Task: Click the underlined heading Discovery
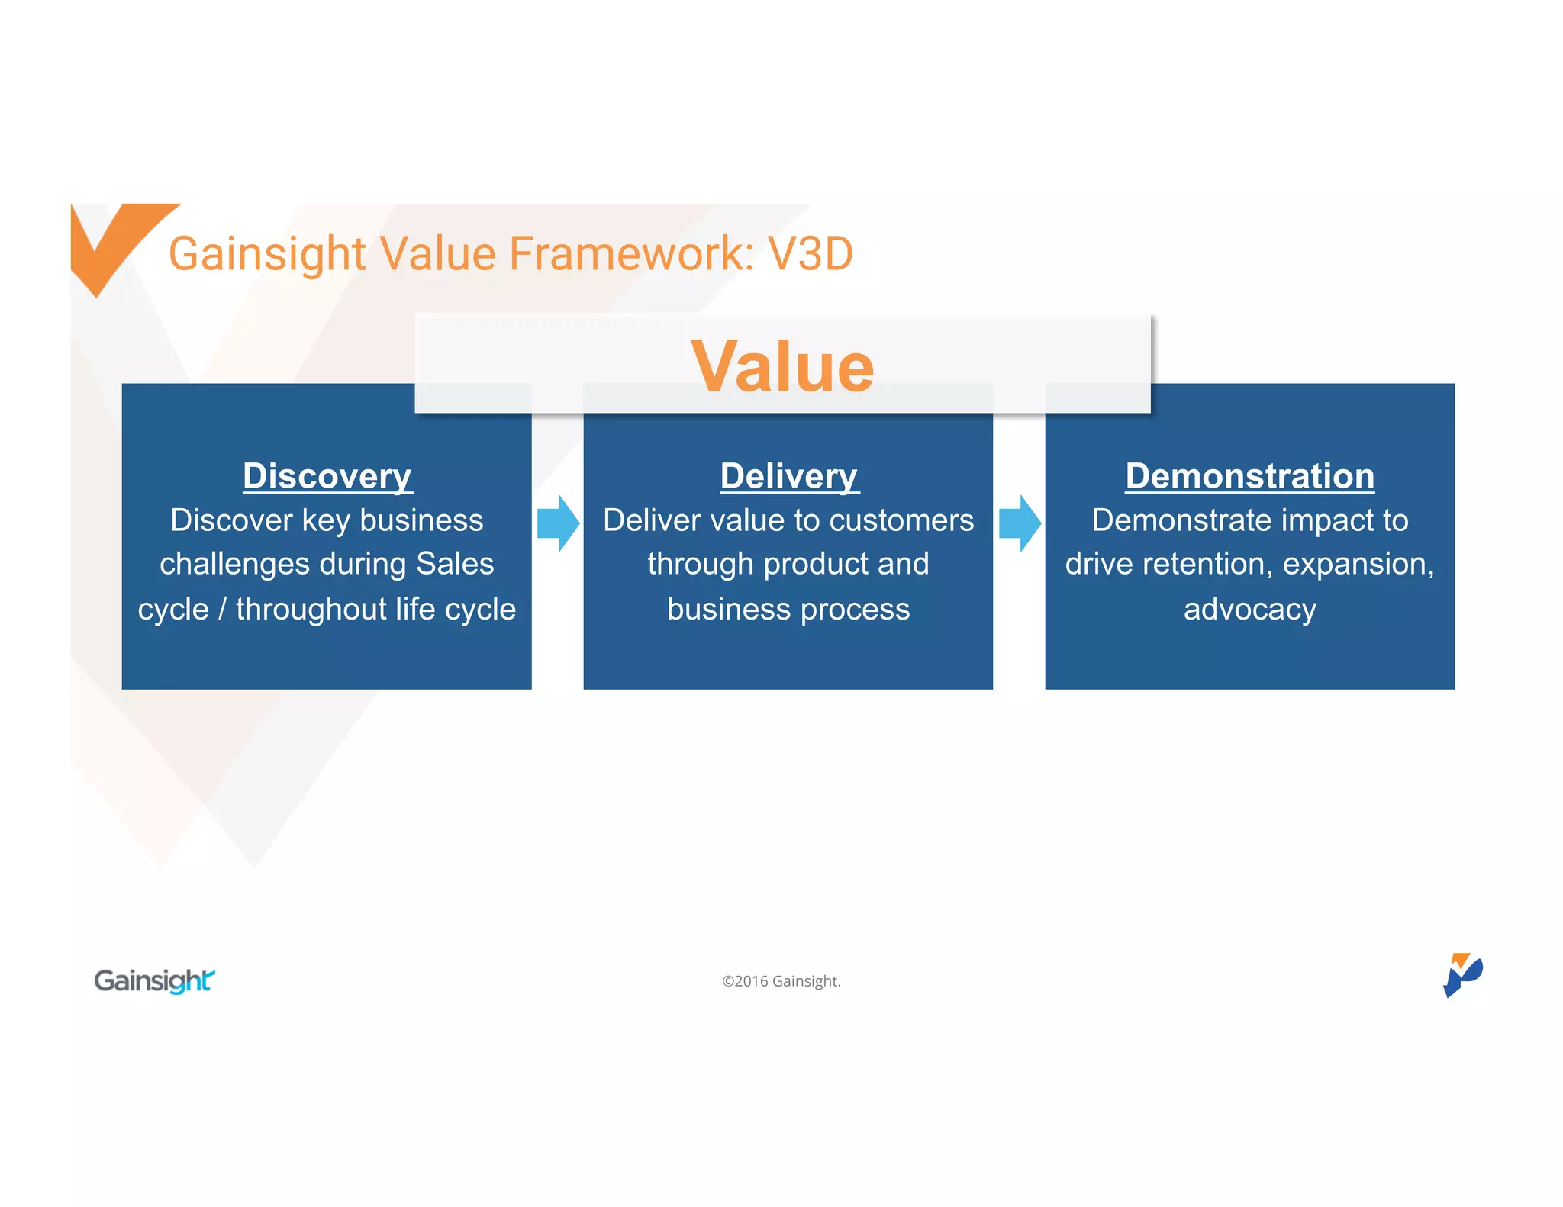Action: [327, 476]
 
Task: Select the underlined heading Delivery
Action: [789, 476]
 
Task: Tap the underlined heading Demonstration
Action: [1249, 476]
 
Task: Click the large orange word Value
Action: [782, 367]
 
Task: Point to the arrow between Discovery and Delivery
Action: [558, 523]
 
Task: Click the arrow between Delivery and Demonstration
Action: [1020, 523]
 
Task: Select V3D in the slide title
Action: [811, 253]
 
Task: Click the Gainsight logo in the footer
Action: [154, 980]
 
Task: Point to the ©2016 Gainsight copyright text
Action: [781, 981]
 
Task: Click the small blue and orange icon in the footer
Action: [1461, 974]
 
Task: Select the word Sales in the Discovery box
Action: [455, 564]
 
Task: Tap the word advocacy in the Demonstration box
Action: [1249, 610]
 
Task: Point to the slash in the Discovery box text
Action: [222, 610]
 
